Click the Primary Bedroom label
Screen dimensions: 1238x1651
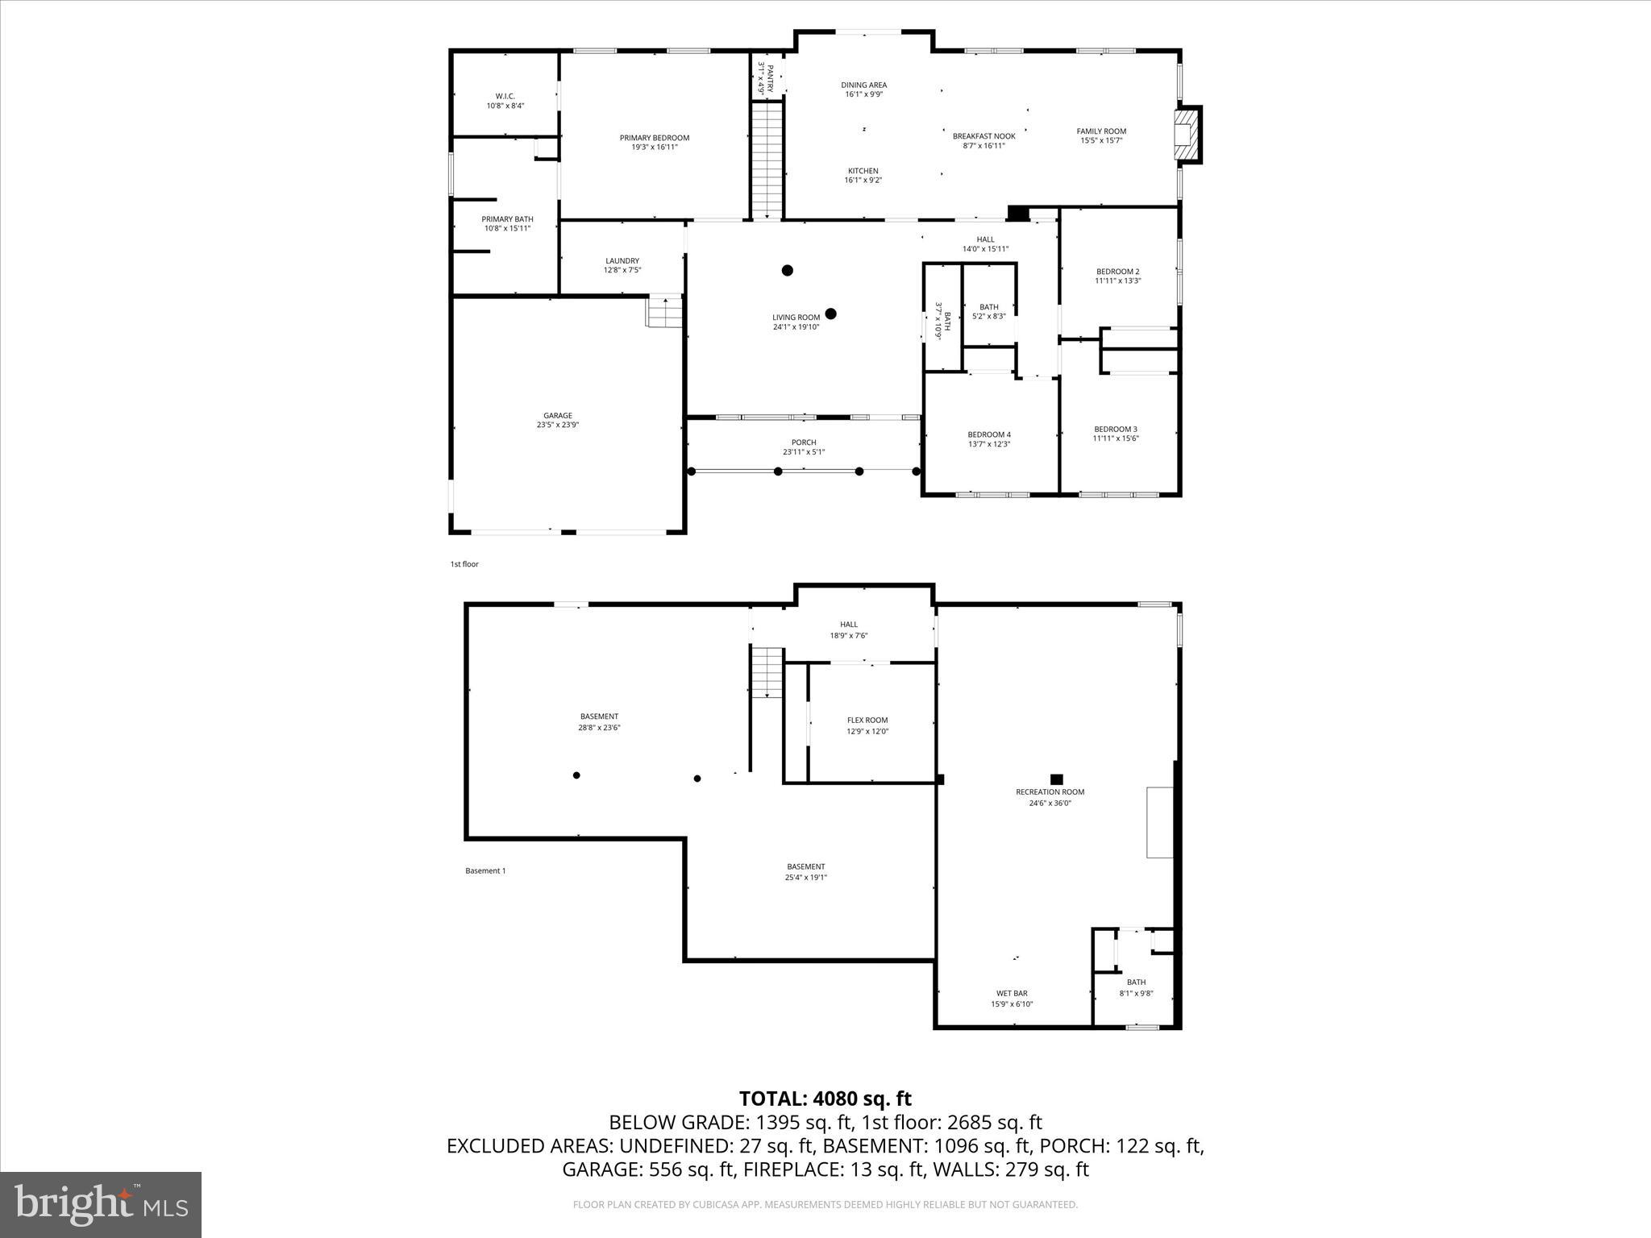coord(654,138)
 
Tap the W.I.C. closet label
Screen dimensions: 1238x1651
coord(505,96)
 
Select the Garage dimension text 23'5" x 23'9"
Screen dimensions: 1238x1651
coord(557,425)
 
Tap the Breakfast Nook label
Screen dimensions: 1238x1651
coord(984,136)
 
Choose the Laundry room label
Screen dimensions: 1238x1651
coord(622,260)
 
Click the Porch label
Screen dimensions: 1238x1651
coord(803,442)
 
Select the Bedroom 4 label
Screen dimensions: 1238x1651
coord(988,434)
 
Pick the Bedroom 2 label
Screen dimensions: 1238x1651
coord(1117,272)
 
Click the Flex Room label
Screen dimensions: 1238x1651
coord(867,721)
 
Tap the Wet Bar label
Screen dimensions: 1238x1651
coord(1011,993)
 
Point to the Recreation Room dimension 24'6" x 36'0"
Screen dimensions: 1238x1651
coord(1050,803)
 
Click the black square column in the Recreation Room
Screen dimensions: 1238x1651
coord(1056,779)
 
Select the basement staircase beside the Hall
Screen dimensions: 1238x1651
coord(767,671)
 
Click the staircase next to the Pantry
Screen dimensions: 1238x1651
coord(767,159)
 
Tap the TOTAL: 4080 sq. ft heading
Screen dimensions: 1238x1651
coord(825,1099)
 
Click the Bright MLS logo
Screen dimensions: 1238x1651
coord(101,1205)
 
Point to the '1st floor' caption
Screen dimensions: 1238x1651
coord(464,564)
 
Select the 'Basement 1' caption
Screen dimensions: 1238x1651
coord(485,870)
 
